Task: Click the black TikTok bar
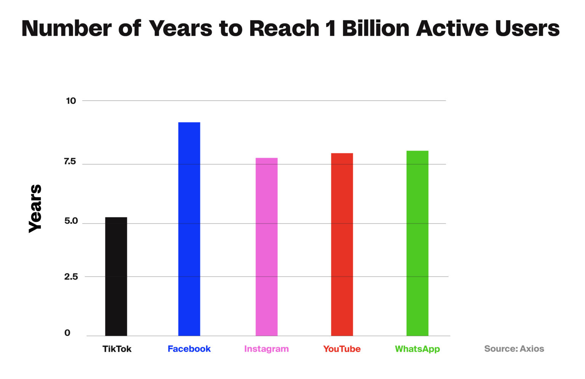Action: tap(116, 276)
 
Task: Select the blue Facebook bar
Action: tap(189, 229)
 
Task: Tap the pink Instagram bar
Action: tap(266, 247)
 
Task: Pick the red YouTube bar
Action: tap(342, 244)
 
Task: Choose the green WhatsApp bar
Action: tap(417, 243)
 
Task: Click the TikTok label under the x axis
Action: tap(117, 349)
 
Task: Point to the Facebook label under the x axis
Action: tap(189, 349)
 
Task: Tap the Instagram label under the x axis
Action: tap(266, 349)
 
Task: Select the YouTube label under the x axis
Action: tap(342, 349)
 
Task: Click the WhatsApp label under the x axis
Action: tap(417, 349)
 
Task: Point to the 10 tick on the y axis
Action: tap(71, 101)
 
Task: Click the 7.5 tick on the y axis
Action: tap(70, 162)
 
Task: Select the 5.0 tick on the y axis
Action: tap(71, 221)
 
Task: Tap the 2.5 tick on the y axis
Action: tap(71, 276)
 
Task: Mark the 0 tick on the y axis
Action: tap(67, 333)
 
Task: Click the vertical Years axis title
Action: tap(35, 209)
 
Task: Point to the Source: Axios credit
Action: tap(514, 348)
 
